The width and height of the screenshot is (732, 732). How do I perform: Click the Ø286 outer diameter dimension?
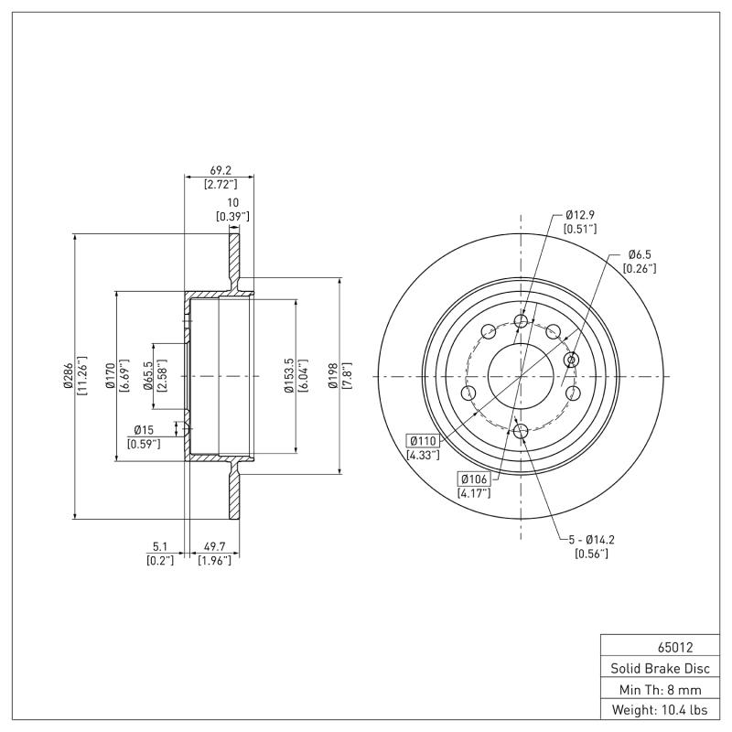click(x=69, y=376)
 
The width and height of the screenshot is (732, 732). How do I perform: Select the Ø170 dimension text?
click(x=111, y=376)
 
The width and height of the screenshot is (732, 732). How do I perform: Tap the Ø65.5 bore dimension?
click(x=148, y=376)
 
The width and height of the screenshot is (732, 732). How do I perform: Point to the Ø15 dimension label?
click(x=144, y=430)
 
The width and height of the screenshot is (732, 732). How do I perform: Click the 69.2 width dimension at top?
click(x=219, y=170)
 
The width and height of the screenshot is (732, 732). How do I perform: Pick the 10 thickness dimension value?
click(x=232, y=202)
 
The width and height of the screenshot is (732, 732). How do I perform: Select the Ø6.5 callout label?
click(x=639, y=254)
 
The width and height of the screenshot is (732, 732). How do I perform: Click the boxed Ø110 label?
click(x=424, y=440)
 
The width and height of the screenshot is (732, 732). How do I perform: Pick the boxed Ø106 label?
click(x=473, y=479)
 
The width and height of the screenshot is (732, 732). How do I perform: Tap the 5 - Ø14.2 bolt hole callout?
click(x=590, y=540)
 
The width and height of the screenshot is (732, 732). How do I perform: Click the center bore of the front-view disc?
click(x=521, y=376)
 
